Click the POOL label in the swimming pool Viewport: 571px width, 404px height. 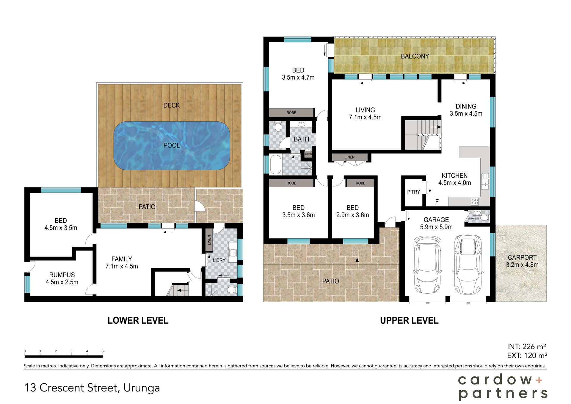172,145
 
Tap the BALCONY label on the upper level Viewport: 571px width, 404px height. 415,56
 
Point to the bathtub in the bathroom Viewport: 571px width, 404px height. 275,165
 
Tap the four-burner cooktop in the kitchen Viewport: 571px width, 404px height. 475,202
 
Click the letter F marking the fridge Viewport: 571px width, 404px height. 437,202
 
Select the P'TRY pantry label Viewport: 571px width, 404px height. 413,192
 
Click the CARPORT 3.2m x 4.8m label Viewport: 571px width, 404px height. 522,261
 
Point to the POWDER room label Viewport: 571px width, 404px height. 473,219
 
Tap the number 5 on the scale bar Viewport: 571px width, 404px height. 103,351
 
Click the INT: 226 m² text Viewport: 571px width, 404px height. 526,347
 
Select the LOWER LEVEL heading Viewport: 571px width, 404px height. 138,320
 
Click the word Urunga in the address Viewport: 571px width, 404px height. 142,388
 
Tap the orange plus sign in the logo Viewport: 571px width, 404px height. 539,380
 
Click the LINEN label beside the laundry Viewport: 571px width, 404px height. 209,240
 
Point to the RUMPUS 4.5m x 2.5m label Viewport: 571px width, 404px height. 62,278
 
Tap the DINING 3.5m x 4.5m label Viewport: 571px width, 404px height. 466,110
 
